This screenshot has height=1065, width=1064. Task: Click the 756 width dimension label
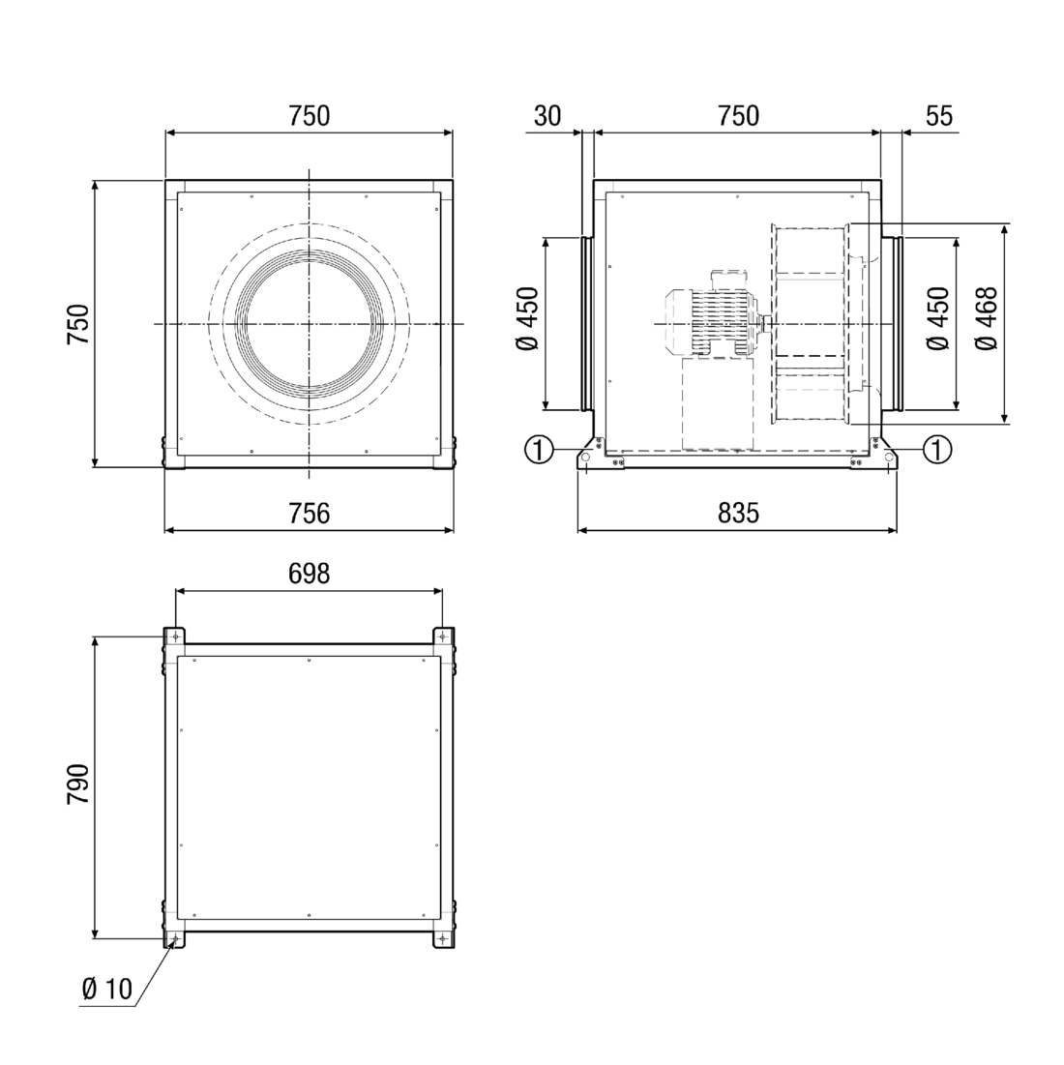coord(309,513)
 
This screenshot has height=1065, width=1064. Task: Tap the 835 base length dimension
coord(738,513)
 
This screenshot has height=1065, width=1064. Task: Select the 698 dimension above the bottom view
coord(309,574)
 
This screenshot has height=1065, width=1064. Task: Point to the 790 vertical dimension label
coord(78,784)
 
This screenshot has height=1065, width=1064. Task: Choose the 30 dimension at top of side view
coord(547,116)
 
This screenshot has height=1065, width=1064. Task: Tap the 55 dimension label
coord(939,116)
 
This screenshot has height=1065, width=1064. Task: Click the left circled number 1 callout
coord(539,450)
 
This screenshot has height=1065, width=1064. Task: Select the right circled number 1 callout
coord(937,450)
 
